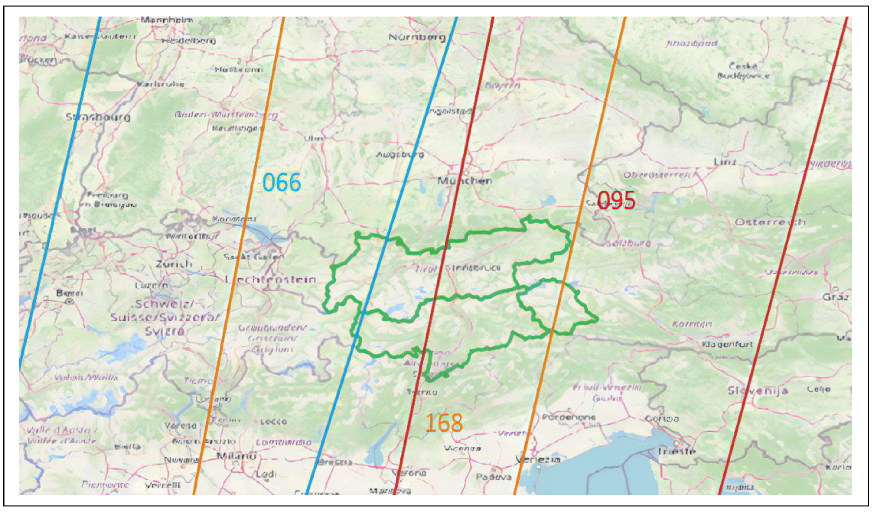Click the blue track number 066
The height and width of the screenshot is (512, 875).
(281, 183)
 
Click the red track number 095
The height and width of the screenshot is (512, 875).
(616, 201)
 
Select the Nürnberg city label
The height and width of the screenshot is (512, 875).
(417, 37)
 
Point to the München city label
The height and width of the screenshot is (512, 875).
(464, 181)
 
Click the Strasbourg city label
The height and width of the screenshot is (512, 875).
(98, 117)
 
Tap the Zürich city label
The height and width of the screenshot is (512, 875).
(174, 264)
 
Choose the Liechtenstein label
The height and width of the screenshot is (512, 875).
(271, 280)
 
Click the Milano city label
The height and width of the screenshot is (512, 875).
(236, 456)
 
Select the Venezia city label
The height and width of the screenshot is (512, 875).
(538, 460)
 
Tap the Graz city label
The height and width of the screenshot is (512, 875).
(836, 297)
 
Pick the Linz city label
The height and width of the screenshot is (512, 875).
(725, 162)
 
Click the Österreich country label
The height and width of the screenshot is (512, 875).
(770, 222)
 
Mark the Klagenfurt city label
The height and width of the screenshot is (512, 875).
(727, 344)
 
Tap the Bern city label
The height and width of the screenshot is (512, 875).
(69, 293)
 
